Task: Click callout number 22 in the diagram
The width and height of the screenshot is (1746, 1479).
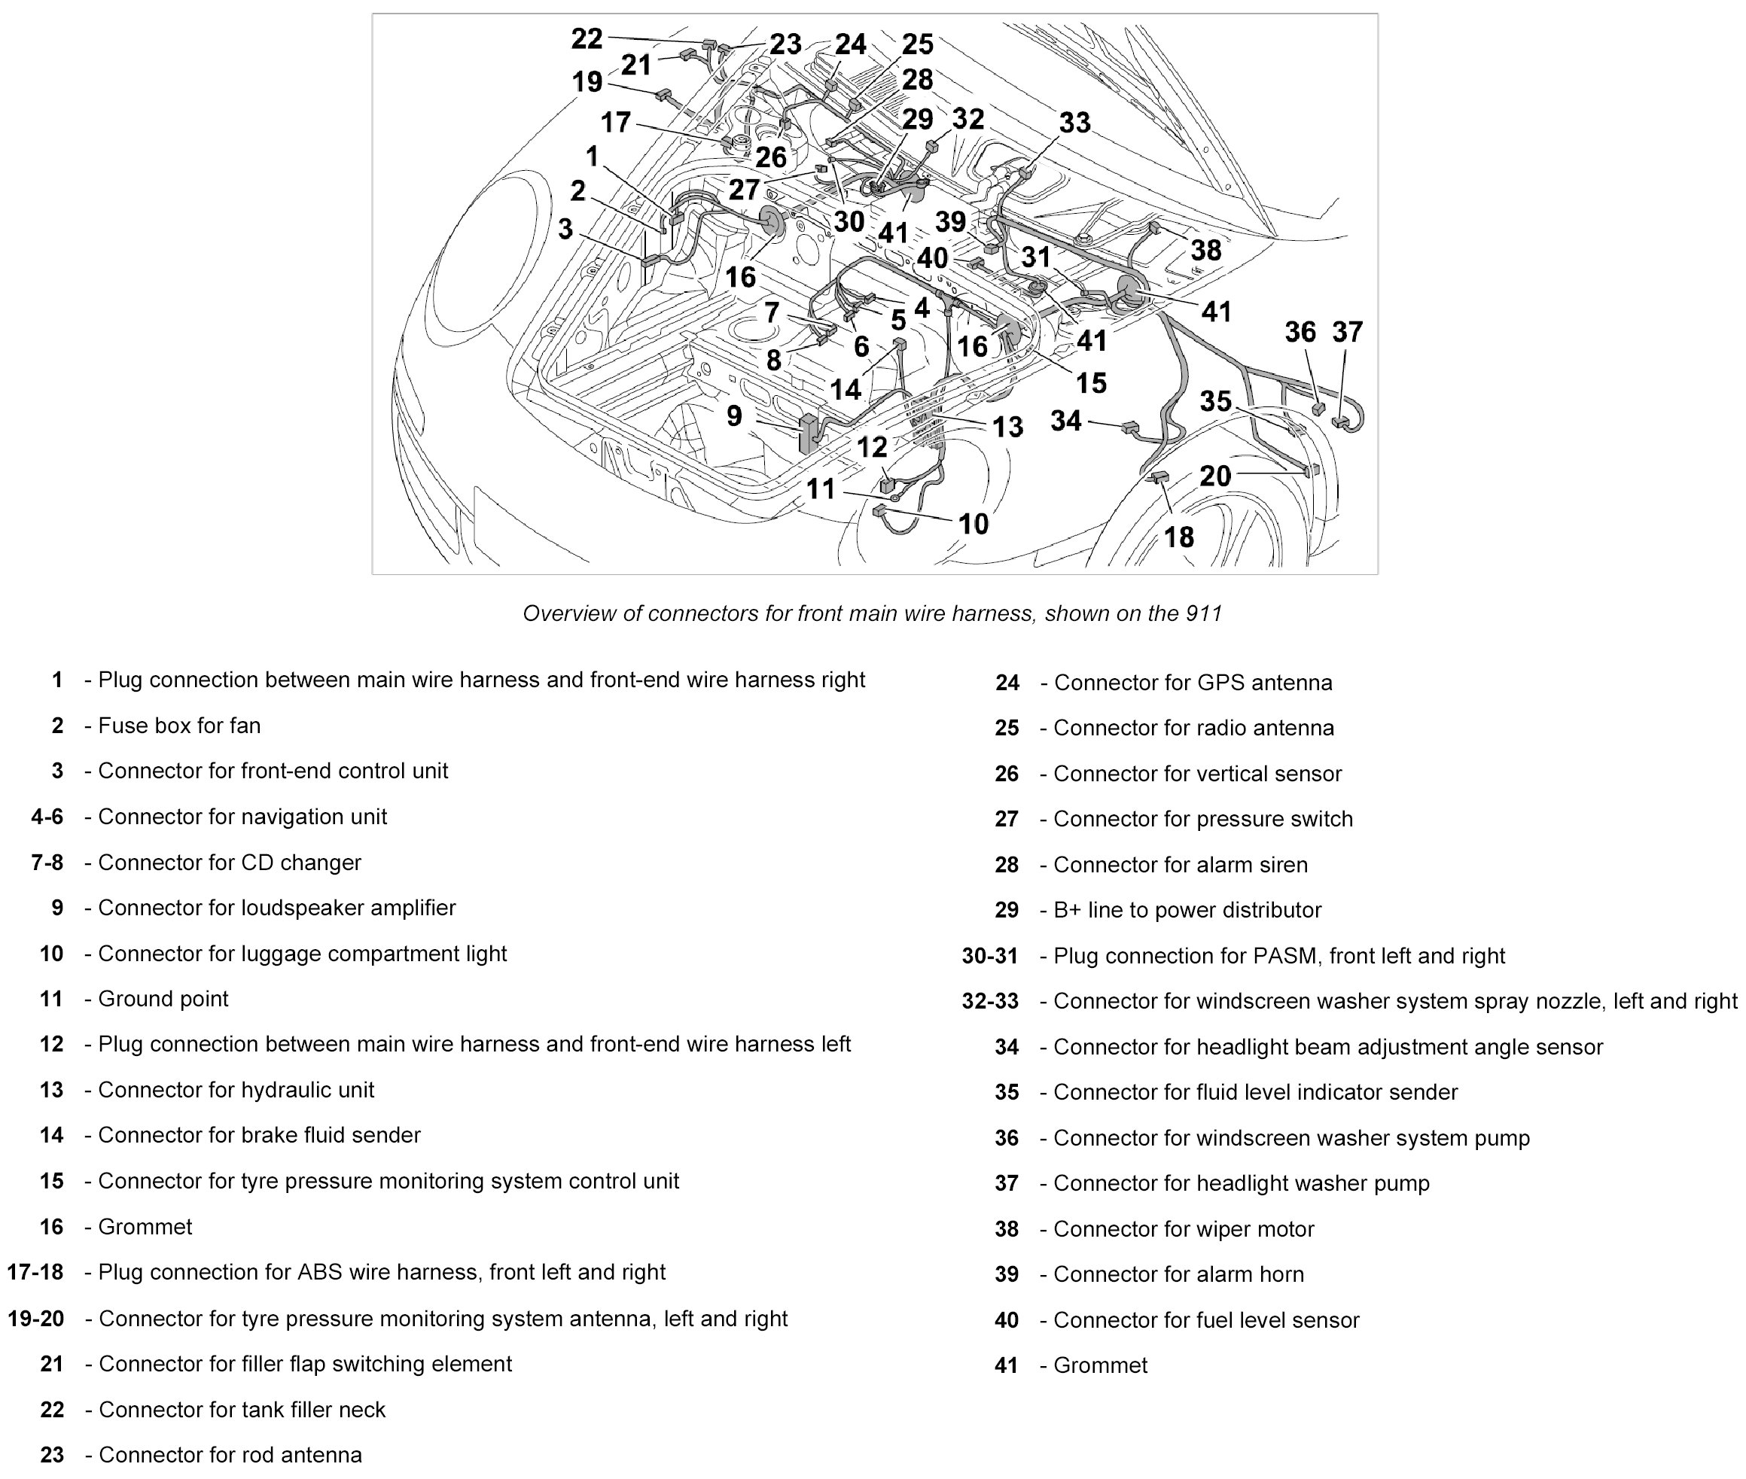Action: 587,38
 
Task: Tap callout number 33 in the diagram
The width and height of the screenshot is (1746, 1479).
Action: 1074,123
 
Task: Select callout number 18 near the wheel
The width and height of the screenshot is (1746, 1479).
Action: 1178,537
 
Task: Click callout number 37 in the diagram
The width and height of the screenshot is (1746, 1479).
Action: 1347,332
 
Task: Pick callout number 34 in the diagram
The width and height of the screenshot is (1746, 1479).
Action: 1065,420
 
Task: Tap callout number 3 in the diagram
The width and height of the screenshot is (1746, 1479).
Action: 565,229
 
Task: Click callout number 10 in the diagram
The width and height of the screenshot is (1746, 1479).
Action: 973,524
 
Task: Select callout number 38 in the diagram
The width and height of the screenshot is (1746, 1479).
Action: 1205,250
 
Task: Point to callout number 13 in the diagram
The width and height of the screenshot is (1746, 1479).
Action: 1007,427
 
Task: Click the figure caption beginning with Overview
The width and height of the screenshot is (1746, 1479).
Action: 872,613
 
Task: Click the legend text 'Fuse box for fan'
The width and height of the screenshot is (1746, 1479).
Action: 179,726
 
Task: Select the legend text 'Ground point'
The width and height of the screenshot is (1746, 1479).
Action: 163,999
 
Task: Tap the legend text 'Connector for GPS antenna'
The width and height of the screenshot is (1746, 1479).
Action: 1193,683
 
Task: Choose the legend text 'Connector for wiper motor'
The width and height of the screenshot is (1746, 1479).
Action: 1184,1229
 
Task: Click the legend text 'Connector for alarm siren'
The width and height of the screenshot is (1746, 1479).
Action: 1180,864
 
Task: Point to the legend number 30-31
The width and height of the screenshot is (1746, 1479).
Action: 989,956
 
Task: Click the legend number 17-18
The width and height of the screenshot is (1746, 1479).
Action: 35,1272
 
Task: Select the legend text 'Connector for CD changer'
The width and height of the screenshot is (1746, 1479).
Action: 230,862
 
